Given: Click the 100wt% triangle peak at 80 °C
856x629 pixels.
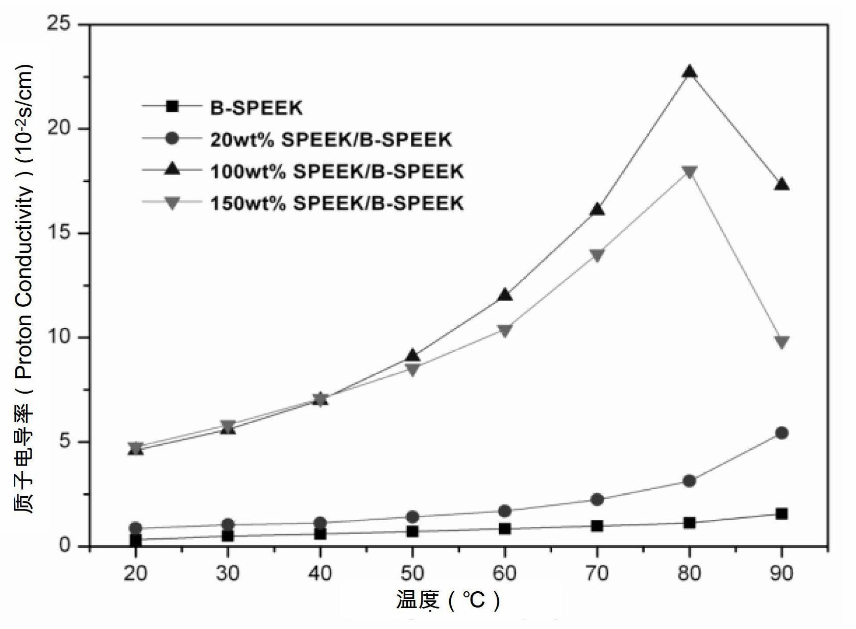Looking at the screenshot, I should click(x=689, y=71).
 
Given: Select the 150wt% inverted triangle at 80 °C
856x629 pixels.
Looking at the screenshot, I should click(x=689, y=173).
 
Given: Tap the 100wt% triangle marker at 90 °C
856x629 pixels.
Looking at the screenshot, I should click(x=781, y=184).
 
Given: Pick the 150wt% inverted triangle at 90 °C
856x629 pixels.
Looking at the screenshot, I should click(x=781, y=342).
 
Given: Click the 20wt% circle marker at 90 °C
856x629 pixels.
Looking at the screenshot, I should click(x=781, y=433).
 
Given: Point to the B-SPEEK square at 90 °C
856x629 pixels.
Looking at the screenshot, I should click(x=781, y=514).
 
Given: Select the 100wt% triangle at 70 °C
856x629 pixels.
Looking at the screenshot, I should click(x=597, y=209).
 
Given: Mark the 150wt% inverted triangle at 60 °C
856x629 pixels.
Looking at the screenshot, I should click(x=505, y=331).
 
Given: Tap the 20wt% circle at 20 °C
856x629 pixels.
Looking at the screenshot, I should click(x=136, y=528).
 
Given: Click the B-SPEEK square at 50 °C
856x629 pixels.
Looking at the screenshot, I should click(x=412, y=531).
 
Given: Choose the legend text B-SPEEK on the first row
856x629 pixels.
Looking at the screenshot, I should click(x=256, y=108).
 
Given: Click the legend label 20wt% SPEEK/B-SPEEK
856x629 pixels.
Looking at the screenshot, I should click(x=331, y=139).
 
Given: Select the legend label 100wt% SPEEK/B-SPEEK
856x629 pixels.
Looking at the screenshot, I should click(x=337, y=171).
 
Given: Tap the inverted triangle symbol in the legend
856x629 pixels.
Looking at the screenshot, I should click(x=173, y=203).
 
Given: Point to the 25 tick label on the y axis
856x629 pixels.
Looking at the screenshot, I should click(x=59, y=24).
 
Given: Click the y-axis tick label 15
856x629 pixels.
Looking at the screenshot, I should click(x=59, y=233).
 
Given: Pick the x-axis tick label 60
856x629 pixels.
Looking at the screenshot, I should click(x=505, y=574).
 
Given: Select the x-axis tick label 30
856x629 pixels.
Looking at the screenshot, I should click(x=228, y=574).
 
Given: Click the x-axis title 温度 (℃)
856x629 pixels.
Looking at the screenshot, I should click(x=448, y=600).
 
